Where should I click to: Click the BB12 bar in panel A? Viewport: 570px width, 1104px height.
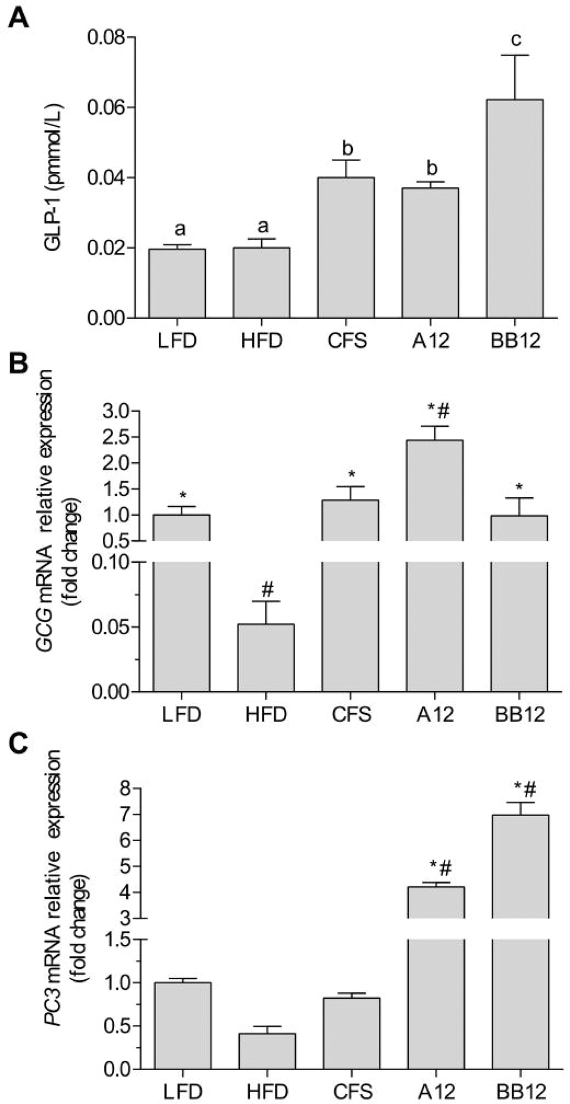click(514, 208)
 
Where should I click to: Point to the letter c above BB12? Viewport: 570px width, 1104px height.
click(516, 40)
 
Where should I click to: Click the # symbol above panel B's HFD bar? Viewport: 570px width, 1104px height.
click(267, 590)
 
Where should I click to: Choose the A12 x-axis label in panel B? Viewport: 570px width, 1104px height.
click(435, 714)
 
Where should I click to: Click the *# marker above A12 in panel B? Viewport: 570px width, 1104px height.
click(439, 410)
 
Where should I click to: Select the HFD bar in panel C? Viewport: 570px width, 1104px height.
click(267, 1051)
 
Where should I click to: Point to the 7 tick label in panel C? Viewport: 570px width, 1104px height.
click(124, 814)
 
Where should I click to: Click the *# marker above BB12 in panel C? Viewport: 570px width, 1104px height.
click(525, 790)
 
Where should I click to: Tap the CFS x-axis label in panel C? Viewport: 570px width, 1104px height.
click(352, 1092)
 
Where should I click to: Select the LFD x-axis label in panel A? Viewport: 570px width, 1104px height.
click(177, 341)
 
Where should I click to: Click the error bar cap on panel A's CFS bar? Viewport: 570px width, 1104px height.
click(346, 160)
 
